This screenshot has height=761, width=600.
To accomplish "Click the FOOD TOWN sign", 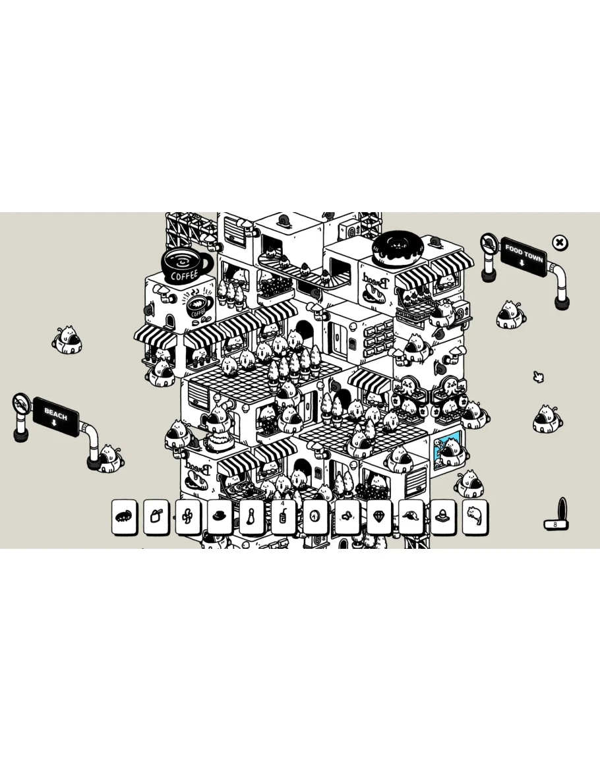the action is [x=524, y=256].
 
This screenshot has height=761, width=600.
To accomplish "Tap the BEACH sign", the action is [x=56, y=417].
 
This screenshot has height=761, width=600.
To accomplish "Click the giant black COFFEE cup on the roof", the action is [x=186, y=266].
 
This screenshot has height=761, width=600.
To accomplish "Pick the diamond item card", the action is [x=379, y=517].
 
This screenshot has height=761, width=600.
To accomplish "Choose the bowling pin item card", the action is [x=252, y=517].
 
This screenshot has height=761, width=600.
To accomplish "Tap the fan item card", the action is [x=188, y=517].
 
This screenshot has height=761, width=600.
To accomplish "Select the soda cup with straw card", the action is [x=284, y=517].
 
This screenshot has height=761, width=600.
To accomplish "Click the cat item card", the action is [x=475, y=517].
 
